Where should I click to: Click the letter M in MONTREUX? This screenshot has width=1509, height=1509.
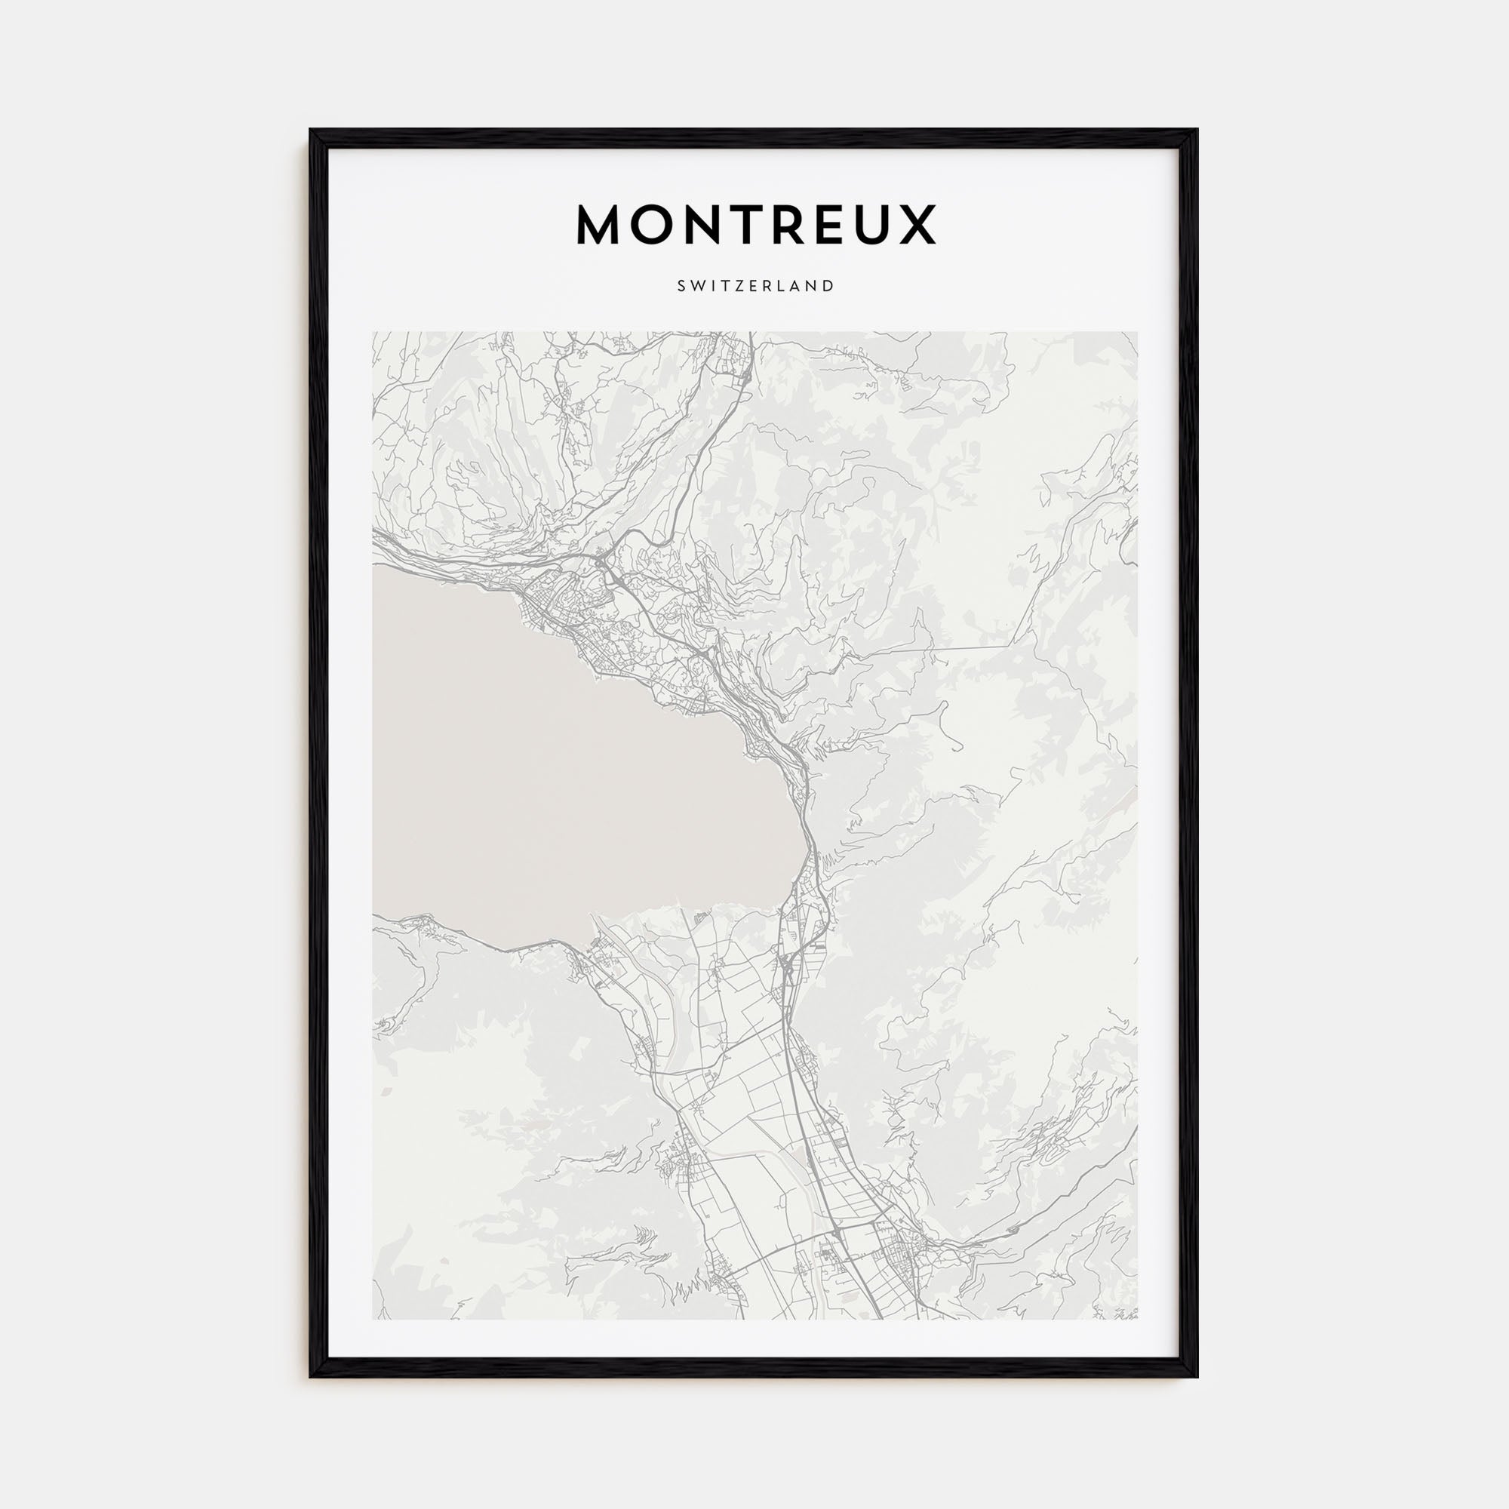[x=600, y=225]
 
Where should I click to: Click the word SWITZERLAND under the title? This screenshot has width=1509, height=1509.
[x=755, y=286]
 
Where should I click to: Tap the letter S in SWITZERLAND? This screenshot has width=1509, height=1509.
[x=682, y=286]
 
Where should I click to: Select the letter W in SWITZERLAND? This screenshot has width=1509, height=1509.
[x=697, y=286]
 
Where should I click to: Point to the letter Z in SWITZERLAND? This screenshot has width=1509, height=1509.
[x=737, y=286]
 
